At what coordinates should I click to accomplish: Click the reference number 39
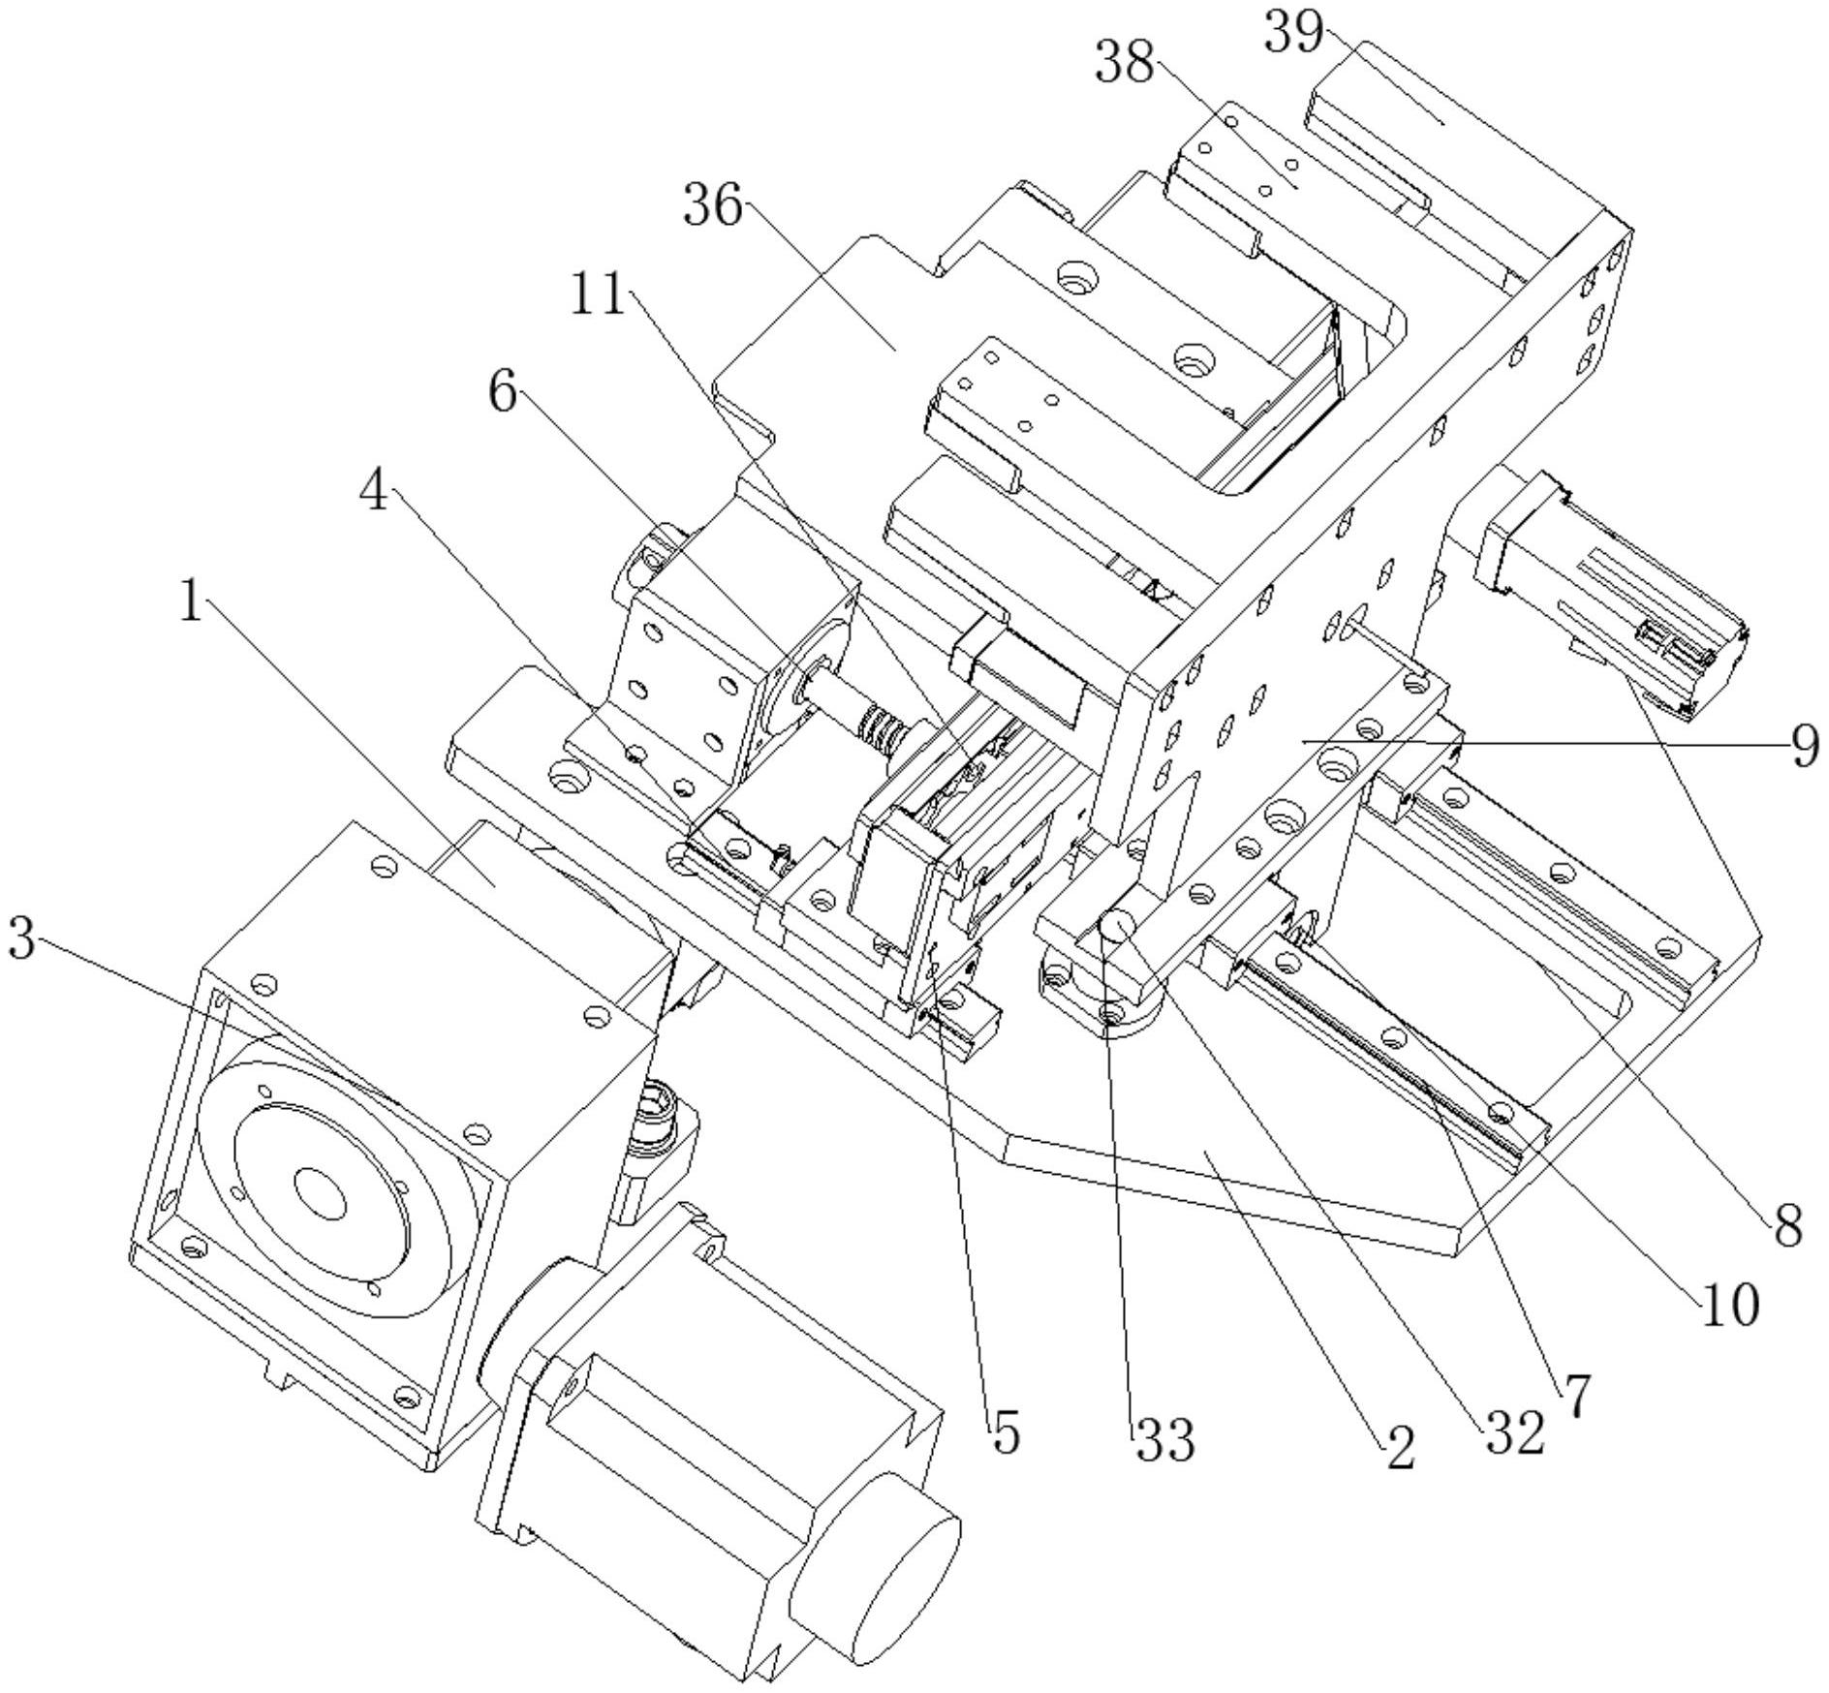1294,34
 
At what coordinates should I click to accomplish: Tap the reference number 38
1125,63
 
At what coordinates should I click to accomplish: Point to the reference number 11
597,293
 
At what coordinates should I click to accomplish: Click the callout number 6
502,392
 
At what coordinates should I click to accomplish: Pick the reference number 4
374,493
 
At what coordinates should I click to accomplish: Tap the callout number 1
191,602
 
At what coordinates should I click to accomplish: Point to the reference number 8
1787,1225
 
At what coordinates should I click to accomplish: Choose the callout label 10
1730,1307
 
